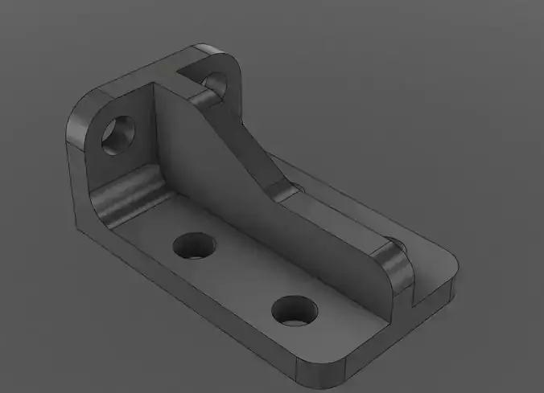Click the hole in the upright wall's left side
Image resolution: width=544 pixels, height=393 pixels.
(119, 133)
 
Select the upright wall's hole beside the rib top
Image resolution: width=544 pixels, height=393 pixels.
(215, 82)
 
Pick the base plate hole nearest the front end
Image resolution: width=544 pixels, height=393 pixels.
(293, 309)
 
